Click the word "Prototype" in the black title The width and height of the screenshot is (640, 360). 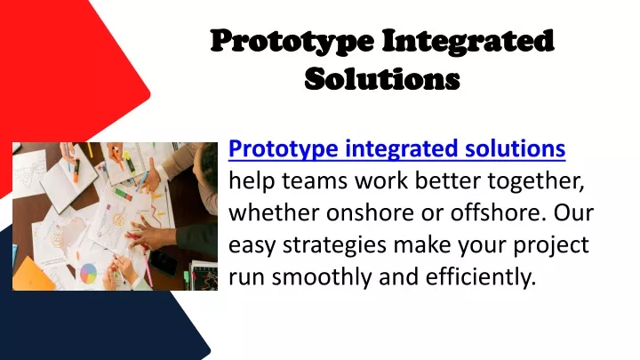[292, 42]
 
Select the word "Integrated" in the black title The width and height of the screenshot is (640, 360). [468, 42]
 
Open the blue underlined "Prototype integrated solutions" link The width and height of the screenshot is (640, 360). [396, 148]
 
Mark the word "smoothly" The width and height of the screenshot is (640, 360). [322, 277]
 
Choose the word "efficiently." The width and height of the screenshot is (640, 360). [480, 276]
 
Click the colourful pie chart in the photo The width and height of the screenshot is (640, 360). [88, 273]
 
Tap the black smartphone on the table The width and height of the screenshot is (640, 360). [164, 262]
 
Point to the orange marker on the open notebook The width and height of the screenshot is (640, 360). [76, 171]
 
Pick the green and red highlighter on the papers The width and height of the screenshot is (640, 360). [124, 194]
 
